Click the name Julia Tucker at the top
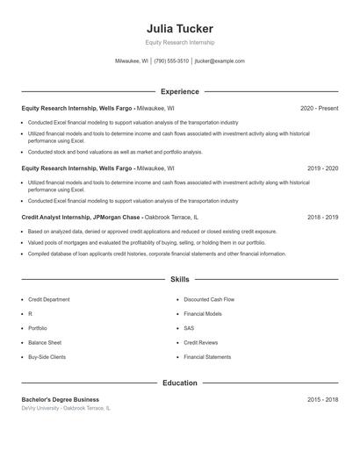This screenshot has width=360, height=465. (179, 29)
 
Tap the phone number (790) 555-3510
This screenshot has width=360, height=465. (171, 61)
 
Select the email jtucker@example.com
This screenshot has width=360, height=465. (220, 61)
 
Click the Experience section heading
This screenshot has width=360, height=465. (179, 91)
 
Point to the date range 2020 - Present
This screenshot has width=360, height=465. (319, 108)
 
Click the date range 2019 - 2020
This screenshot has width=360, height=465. (322, 168)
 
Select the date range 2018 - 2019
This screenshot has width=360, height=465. (322, 217)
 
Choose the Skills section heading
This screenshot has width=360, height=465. (179, 279)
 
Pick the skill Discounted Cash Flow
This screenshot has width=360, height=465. (209, 299)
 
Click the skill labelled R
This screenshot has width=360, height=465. (30, 313)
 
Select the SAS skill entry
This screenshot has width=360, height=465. (189, 328)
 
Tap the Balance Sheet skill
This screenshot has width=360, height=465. (45, 342)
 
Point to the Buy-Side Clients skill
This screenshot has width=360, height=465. (47, 357)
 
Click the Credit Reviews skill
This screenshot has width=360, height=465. (201, 342)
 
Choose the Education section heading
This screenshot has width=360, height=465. (179, 383)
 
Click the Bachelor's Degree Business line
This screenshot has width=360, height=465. (61, 399)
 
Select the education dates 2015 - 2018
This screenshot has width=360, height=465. (322, 399)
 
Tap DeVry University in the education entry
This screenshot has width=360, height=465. (41, 409)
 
